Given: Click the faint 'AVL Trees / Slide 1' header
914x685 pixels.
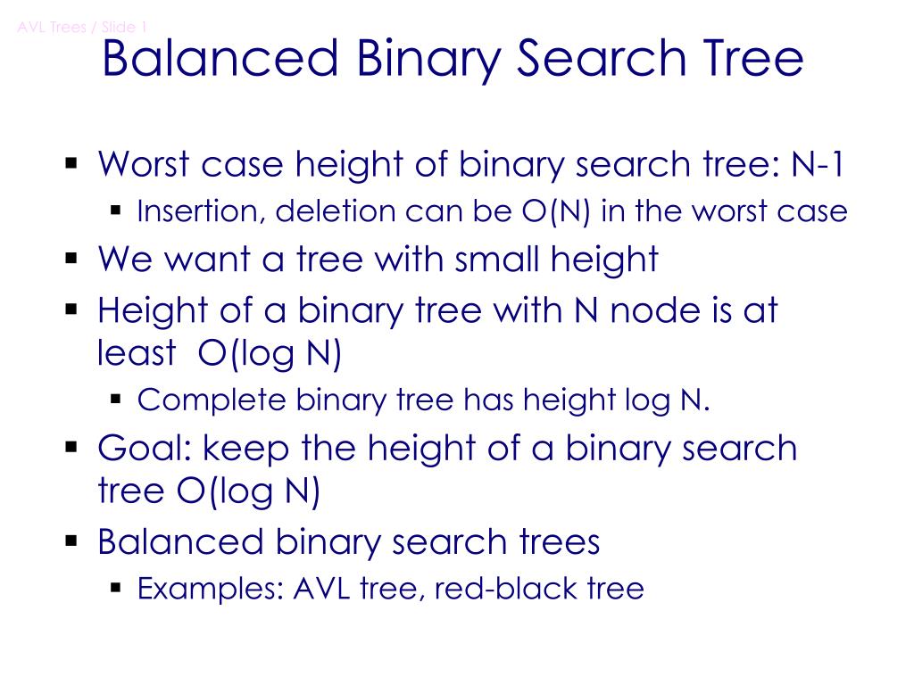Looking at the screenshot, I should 82,27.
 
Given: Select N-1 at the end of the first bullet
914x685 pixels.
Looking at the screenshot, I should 818,164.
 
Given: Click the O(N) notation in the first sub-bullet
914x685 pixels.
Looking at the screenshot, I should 556,211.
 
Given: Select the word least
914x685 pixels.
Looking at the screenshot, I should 137,354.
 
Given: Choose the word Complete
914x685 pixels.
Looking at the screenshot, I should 212,400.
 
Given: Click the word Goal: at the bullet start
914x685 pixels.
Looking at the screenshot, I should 145,448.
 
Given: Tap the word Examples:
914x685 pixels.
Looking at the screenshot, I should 210,589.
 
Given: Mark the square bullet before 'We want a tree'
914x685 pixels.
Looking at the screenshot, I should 72,260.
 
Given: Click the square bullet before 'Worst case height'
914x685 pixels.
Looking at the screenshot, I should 72,164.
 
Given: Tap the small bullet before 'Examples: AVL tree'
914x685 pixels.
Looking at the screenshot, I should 116,588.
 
